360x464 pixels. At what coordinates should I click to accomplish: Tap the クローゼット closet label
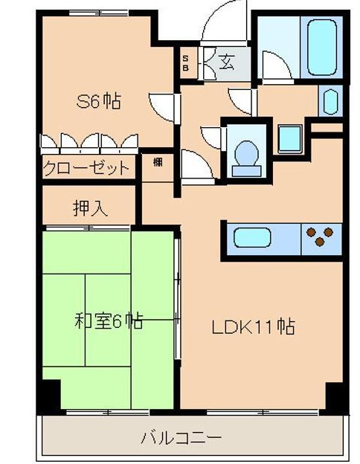[86, 168]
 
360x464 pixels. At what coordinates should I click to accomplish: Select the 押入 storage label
[90, 209]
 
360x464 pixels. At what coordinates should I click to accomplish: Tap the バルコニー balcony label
[181, 436]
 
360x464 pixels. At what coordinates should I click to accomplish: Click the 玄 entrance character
[226, 63]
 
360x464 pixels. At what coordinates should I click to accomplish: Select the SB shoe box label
[186, 63]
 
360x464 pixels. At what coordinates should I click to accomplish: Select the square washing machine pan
[289, 137]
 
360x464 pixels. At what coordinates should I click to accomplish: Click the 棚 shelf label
[158, 161]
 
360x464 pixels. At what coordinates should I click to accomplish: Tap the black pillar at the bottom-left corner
[49, 395]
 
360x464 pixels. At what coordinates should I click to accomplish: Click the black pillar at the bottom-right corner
[335, 396]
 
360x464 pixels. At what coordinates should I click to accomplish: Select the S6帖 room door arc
[162, 106]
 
